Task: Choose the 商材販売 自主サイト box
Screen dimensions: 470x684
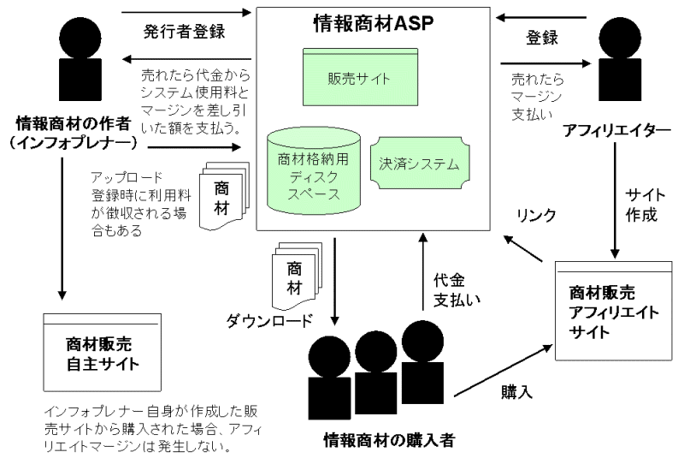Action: coord(103,352)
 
